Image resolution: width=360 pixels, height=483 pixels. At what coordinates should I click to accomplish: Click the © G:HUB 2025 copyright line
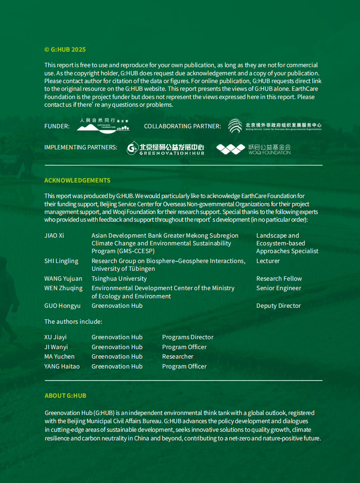click(x=65, y=50)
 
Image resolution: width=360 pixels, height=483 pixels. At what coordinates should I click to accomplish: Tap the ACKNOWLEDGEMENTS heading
click(x=77, y=180)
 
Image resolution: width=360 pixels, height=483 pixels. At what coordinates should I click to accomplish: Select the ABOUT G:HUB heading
click(x=65, y=396)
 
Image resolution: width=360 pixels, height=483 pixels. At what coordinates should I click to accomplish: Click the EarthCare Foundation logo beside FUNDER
click(x=103, y=125)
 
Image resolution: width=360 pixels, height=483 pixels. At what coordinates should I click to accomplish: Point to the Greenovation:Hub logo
click(x=165, y=149)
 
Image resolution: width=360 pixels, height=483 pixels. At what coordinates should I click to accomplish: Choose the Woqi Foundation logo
click(x=253, y=149)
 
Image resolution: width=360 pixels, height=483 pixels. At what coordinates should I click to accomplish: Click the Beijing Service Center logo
click(x=274, y=126)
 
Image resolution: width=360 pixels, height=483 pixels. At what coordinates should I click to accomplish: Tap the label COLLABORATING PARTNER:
click(x=182, y=126)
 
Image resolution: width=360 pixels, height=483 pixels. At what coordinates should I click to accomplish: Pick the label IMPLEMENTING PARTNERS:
click(x=80, y=147)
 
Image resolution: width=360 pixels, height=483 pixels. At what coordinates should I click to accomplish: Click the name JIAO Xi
click(x=54, y=235)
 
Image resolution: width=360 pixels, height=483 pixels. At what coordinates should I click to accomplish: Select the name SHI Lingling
click(x=61, y=261)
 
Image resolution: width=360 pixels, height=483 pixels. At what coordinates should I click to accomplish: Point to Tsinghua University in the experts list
click(x=119, y=279)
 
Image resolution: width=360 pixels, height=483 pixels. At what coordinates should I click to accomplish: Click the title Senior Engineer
click(x=279, y=288)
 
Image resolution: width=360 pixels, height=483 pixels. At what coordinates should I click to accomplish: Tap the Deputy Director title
click(x=278, y=306)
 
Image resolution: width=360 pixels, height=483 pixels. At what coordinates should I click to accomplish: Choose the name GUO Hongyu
click(x=62, y=306)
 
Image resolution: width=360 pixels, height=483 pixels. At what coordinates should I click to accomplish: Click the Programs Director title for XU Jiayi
click(x=188, y=337)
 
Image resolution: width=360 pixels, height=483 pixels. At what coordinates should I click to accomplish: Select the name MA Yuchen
click(x=59, y=356)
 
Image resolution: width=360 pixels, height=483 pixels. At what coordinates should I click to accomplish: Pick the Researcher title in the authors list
click(x=178, y=356)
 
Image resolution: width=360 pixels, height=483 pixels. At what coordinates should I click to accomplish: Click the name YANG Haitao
click(x=62, y=366)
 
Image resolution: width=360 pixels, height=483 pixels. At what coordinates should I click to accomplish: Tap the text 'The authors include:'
click(x=73, y=322)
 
